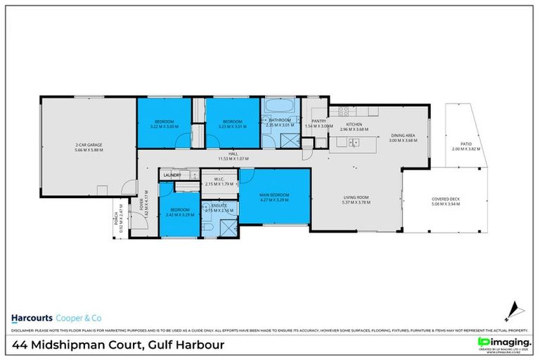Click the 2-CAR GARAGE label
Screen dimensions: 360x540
(87, 146)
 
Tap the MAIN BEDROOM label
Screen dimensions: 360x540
(275, 194)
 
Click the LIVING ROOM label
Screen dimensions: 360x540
(355, 198)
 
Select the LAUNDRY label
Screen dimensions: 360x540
(172, 175)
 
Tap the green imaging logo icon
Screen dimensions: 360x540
(483, 342)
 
